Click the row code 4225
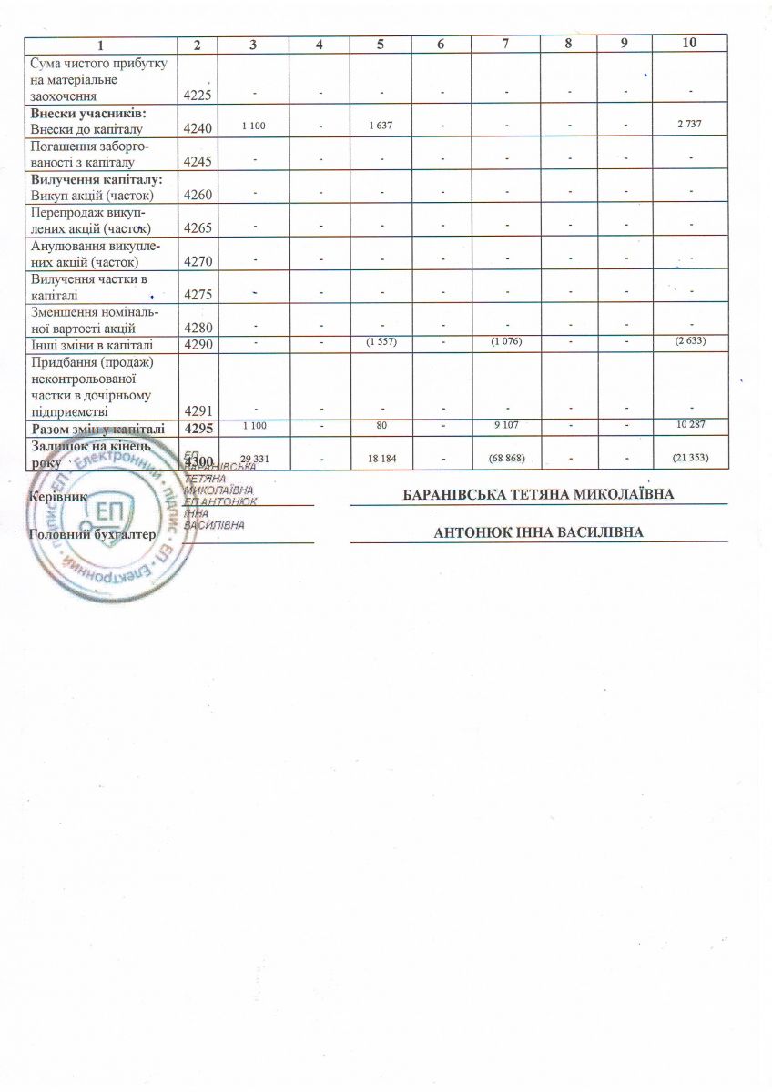click(x=198, y=94)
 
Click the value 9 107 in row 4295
click(x=505, y=425)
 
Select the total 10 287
click(x=692, y=425)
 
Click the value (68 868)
click(x=505, y=458)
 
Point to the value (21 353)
click(x=692, y=458)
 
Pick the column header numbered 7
click(x=505, y=43)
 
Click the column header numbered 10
click(x=692, y=43)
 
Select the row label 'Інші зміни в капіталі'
click(x=91, y=345)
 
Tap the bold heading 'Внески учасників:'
click(x=89, y=112)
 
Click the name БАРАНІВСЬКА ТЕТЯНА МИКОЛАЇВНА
click(x=539, y=495)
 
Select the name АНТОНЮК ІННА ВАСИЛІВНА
click(x=539, y=532)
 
